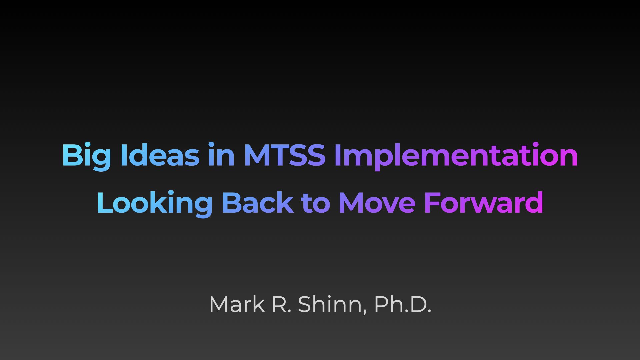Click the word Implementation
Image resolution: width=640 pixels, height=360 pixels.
[x=456, y=157]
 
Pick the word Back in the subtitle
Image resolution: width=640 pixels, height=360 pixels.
[x=257, y=202]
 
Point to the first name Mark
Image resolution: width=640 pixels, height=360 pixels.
[x=237, y=304]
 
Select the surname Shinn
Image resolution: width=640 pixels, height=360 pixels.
[x=330, y=304]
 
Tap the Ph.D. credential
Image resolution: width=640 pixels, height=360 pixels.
[x=403, y=304]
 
